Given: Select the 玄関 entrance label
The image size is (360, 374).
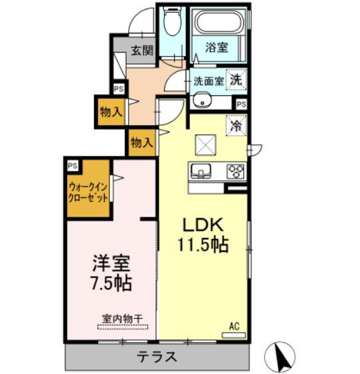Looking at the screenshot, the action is pyautogui.click(x=142, y=50).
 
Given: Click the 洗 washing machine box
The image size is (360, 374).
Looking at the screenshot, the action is pyautogui.click(x=236, y=79).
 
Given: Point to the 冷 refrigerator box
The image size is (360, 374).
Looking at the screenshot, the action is pyautogui.click(x=236, y=126).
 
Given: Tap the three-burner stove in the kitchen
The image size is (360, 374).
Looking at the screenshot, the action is pyautogui.click(x=236, y=171).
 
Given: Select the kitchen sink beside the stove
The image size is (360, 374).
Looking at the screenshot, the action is pyautogui.click(x=201, y=171).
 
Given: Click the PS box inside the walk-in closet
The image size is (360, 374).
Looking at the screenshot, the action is pyautogui.click(x=73, y=165).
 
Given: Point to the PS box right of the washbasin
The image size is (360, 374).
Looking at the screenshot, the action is pyautogui.click(x=241, y=104).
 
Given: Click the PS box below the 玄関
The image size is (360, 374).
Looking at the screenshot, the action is pyautogui.click(x=119, y=89).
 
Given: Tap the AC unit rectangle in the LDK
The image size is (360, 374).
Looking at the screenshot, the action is pyautogui.click(x=234, y=335).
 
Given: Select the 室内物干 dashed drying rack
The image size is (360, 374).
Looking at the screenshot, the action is pyautogui.click(x=123, y=327).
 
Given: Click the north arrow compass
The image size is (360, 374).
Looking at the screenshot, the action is pyautogui.click(x=280, y=357).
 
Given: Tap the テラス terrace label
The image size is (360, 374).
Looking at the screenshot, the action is pyautogui.click(x=157, y=357).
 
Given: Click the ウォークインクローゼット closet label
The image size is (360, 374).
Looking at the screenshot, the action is pyautogui.click(x=88, y=192).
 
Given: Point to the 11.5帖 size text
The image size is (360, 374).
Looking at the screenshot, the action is pyautogui.click(x=203, y=244).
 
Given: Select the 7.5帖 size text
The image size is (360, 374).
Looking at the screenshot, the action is pyautogui.click(x=112, y=283).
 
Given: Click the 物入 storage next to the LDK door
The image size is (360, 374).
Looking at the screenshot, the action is pyautogui.click(x=141, y=143).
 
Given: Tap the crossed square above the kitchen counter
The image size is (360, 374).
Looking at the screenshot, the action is pyautogui.click(x=205, y=145).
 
